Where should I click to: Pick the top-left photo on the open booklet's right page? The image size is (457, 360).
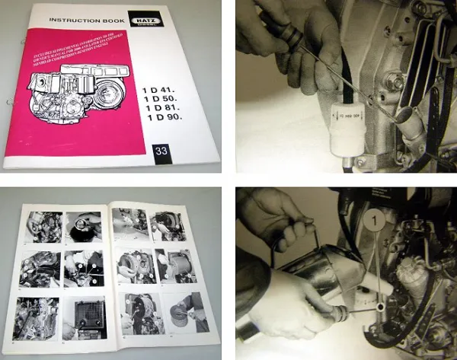[x=129, y=223]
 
